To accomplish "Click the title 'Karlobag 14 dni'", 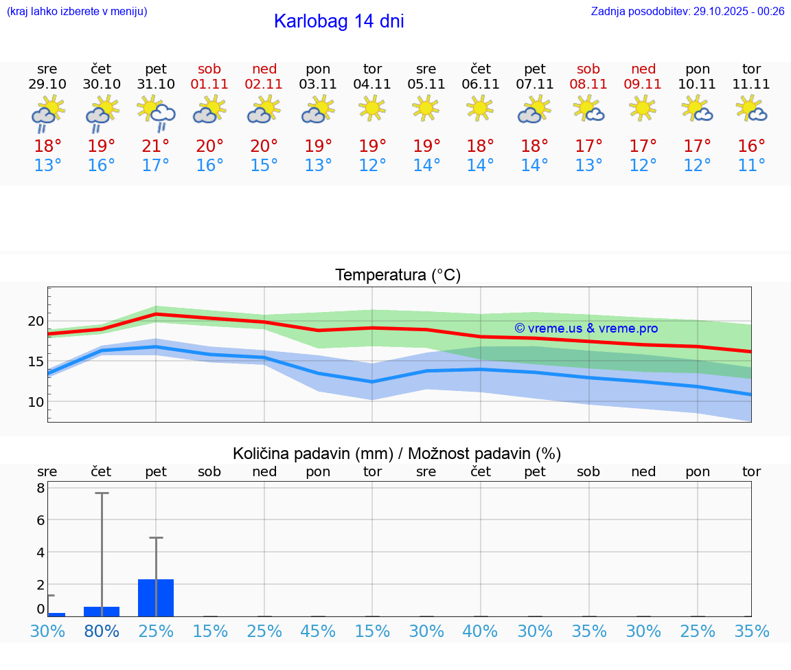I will click(x=339, y=21).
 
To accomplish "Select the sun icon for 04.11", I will click(x=372, y=108).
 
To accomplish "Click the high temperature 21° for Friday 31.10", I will click(x=156, y=146).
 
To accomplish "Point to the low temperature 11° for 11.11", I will click(x=751, y=166).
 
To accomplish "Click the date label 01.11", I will click(x=209, y=85).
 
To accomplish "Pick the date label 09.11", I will click(x=643, y=85).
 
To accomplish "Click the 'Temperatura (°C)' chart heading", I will click(x=398, y=276).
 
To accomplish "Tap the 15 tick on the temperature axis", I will click(x=36, y=361).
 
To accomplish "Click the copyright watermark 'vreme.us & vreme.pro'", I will click(x=586, y=328).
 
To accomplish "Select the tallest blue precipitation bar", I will click(x=156, y=598).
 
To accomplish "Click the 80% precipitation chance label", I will click(x=102, y=631).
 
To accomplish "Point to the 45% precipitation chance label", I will click(x=318, y=631).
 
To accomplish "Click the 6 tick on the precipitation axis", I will click(x=41, y=520).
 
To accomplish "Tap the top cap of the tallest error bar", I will click(x=102, y=493).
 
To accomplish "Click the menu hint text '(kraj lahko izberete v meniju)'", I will click(x=77, y=11).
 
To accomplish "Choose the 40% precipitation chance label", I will click(x=481, y=631).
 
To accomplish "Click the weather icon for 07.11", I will click(x=534, y=111).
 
